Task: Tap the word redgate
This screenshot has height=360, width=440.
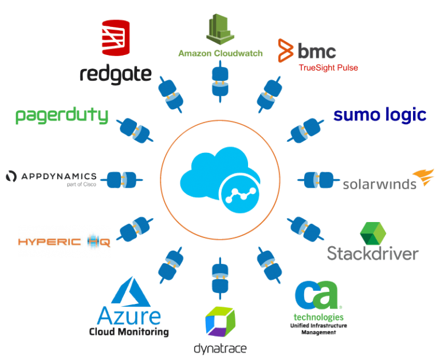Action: (x=116, y=73)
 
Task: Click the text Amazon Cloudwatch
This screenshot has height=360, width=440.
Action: (x=220, y=54)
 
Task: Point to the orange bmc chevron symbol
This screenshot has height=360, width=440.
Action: (x=285, y=50)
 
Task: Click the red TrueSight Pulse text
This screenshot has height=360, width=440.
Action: (x=328, y=68)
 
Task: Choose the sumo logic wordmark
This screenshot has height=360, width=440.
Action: (x=379, y=114)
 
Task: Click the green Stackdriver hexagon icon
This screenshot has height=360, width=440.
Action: (x=372, y=234)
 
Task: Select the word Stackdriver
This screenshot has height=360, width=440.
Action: (x=373, y=254)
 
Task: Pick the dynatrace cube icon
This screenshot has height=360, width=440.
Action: (x=220, y=322)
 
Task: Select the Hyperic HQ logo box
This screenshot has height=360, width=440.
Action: (x=64, y=241)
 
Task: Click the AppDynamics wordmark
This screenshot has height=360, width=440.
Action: (x=52, y=176)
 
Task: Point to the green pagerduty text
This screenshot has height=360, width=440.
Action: (x=62, y=115)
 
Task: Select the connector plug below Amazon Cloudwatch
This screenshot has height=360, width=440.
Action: (x=220, y=82)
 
